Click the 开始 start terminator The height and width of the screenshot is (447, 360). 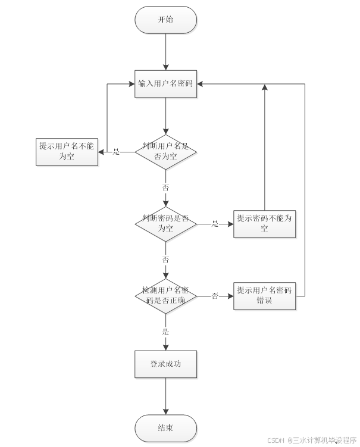pos(165,20)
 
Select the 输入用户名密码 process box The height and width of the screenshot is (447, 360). pos(165,84)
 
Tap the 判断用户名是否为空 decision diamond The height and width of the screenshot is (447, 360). pos(165,152)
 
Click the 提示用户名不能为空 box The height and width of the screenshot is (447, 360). pos(67,152)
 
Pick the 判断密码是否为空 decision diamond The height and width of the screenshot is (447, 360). pos(165,224)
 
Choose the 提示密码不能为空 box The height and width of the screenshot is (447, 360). pos(265,224)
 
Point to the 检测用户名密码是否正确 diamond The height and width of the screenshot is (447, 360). pos(165,296)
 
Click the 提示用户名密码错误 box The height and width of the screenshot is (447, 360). pos(265,296)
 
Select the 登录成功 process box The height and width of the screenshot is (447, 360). pos(165,364)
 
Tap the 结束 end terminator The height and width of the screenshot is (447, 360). pos(165,428)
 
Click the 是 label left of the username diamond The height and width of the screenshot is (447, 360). pos(116,152)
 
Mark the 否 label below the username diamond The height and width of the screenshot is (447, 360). pos(165,187)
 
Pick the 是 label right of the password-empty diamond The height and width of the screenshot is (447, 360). pos(215,224)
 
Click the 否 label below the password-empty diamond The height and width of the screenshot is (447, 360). pos(165,260)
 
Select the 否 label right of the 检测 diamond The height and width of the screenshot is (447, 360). pos(215,296)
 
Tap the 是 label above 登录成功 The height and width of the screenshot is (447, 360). pos(165,332)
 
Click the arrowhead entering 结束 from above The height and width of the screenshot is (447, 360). pos(165,411)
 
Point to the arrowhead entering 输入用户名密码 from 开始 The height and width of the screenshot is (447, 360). pos(165,67)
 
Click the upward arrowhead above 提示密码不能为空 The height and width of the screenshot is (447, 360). pos(265,87)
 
